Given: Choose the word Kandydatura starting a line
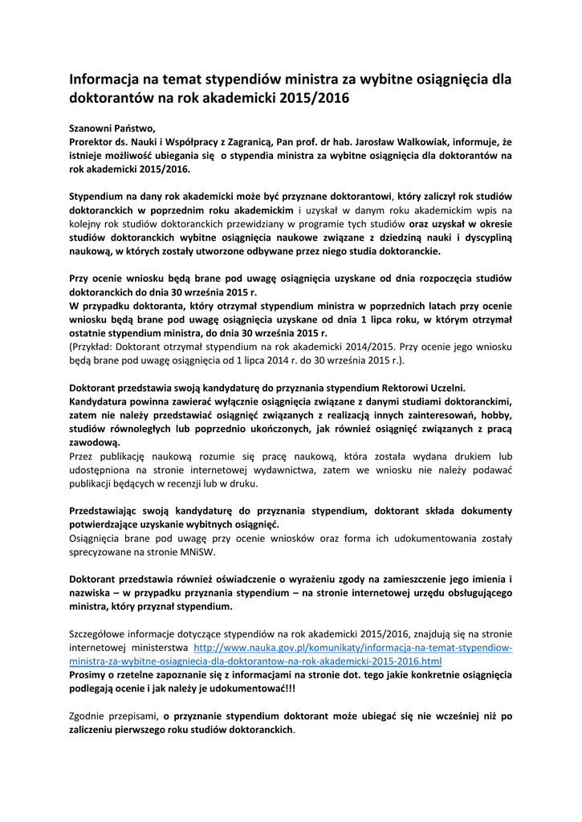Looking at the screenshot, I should click(102, 401).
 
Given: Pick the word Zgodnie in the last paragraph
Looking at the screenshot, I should click(88, 716).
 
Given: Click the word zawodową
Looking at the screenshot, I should click(95, 442).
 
